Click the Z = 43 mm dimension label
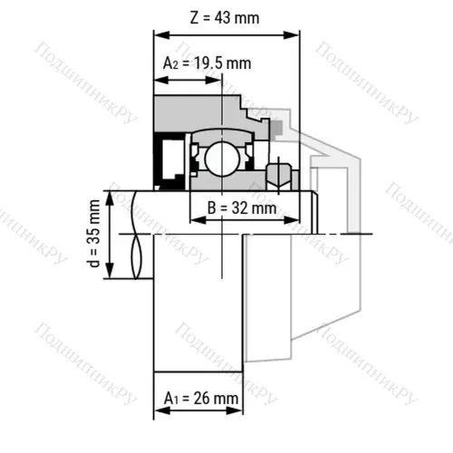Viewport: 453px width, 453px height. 225,18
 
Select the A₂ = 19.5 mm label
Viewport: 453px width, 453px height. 207,63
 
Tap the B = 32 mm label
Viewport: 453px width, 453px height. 242,208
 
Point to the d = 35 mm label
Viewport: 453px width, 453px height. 94,234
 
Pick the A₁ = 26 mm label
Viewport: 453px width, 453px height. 201,398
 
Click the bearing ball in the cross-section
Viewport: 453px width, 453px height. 222,159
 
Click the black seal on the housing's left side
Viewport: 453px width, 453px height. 169,161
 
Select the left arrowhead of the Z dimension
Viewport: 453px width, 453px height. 161,35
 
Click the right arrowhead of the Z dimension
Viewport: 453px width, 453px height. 291,35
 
